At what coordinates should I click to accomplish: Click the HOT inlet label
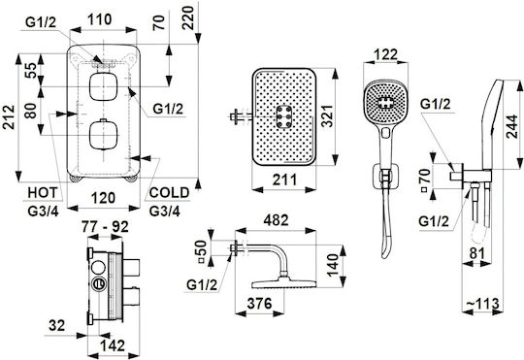pyautogui.click(x=43, y=193)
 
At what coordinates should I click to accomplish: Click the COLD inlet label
pyautogui.click(x=169, y=193)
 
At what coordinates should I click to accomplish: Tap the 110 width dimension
pyautogui.click(x=100, y=19)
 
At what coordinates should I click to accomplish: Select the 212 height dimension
pyautogui.click(x=10, y=117)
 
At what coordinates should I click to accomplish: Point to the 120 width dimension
pyautogui.click(x=103, y=198)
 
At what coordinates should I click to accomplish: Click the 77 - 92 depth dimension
pyautogui.click(x=105, y=227)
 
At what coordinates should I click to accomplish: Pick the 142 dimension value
pyautogui.click(x=113, y=345)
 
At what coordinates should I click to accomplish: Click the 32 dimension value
pyautogui.click(x=56, y=325)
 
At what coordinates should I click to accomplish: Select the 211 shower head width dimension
pyautogui.click(x=284, y=180)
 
